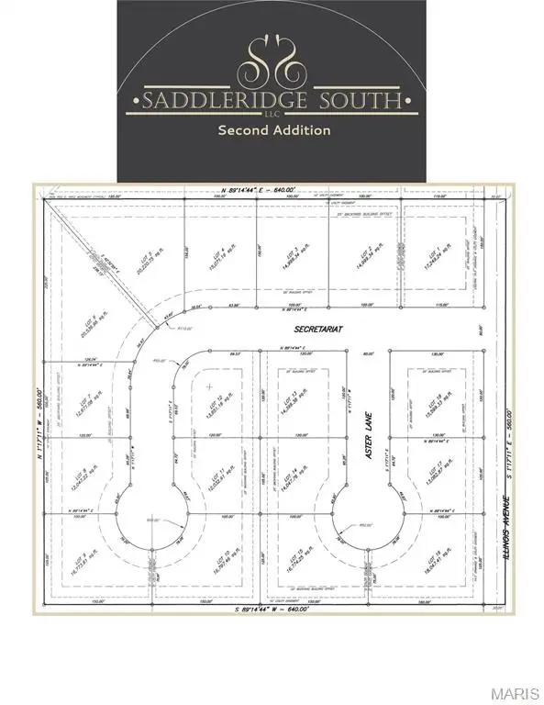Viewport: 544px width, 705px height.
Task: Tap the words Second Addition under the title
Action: pos(273,130)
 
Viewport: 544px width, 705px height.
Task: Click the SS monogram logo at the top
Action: pos(272,58)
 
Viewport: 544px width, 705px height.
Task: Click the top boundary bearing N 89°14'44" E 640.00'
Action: pos(272,188)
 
